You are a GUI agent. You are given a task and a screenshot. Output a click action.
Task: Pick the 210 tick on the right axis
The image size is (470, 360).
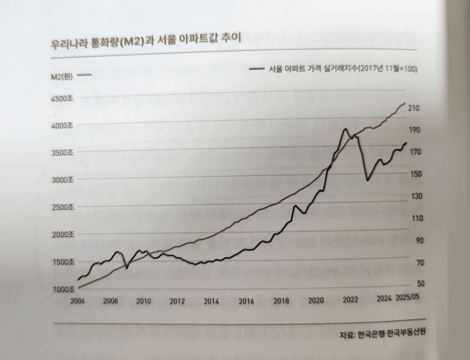pyautogui.click(x=414, y=109)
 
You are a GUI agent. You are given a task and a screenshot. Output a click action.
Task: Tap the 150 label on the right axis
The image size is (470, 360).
pyautogui.click(x=415, y=174)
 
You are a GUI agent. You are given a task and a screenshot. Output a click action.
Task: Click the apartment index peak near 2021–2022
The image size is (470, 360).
pyautogui.click(x=344, y=129)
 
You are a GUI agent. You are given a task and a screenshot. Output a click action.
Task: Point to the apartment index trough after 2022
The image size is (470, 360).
pyautogui.click(x=367, y=180)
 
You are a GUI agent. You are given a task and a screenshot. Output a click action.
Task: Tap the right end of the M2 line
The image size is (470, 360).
pyautogui.click(x=405, y=103)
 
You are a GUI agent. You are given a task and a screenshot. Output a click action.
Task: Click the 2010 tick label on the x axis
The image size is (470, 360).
pyautogui.click(x=143, y=301)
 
